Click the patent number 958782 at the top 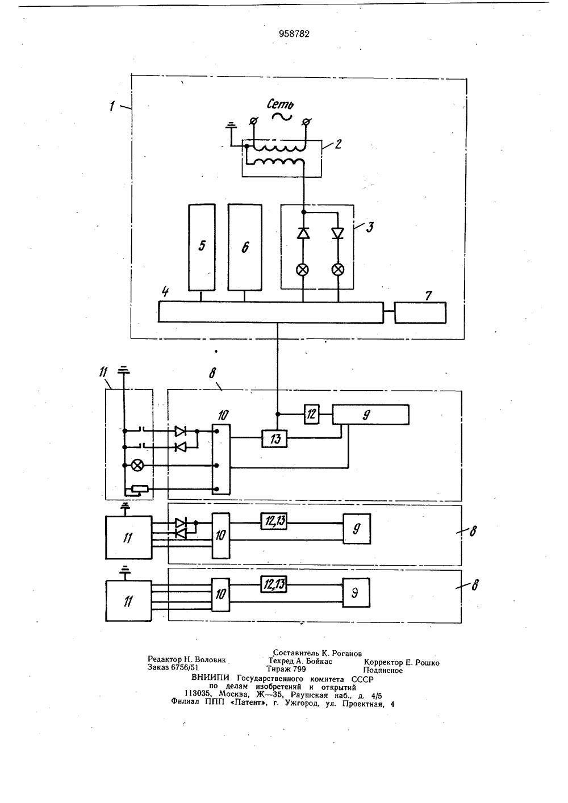294,34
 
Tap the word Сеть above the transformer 280,104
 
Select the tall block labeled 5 202,248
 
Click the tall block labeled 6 245,248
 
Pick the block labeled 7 420,312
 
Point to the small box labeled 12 311,415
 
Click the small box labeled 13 274,438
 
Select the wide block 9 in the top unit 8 370,415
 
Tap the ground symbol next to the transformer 231,126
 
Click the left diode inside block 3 303,233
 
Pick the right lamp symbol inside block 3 337,270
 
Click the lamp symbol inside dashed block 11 137,465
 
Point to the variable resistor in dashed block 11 140,488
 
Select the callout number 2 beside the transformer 338,144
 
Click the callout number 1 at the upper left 112,106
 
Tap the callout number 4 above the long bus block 165,291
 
